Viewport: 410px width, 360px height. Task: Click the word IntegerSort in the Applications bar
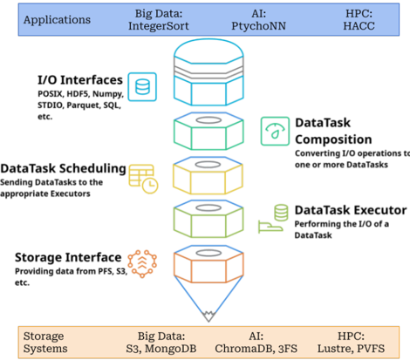[159, 26]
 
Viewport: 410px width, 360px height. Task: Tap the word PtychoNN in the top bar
[258, 26]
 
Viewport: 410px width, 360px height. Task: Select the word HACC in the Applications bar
[359, 26]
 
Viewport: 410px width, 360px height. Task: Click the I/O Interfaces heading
[80, 80]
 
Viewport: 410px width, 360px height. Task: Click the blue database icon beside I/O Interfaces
[142, 87]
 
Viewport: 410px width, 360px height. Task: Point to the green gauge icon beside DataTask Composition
[275, 131]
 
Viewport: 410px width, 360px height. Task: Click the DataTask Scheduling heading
[63, 168]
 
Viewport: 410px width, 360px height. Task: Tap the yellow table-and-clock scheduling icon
[143, 179]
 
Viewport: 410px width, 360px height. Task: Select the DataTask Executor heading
[351, 210]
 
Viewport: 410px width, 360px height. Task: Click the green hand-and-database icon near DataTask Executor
[273, 219]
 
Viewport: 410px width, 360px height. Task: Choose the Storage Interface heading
[68, 257]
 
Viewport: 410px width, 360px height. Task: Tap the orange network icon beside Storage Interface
[142, 264]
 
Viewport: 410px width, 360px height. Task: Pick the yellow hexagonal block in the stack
[208, 176]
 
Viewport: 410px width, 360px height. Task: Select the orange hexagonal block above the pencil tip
[208, 264]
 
